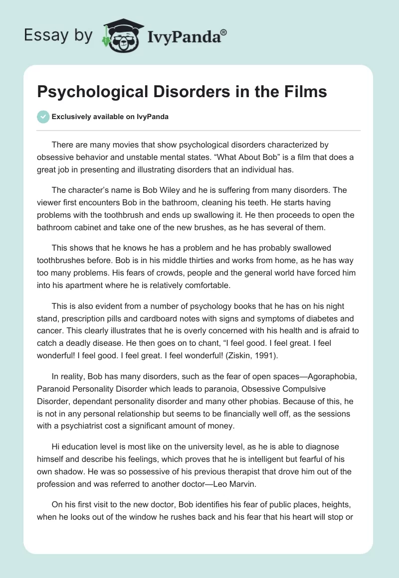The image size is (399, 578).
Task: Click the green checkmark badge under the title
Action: tap(43, 117)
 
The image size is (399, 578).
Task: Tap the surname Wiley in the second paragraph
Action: tap(152, 190)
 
